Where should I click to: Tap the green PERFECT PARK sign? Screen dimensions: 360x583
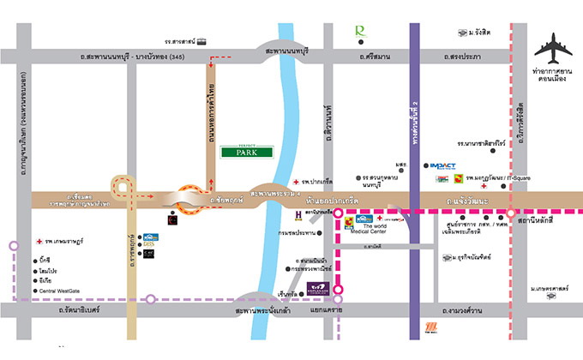coord(246,152)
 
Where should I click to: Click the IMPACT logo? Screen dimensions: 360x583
coord(442,165)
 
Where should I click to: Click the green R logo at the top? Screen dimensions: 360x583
coord(360,32)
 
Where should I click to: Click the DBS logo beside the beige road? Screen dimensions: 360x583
coord(150,244)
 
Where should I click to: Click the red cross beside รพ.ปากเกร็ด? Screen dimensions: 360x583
coord(294,183)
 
